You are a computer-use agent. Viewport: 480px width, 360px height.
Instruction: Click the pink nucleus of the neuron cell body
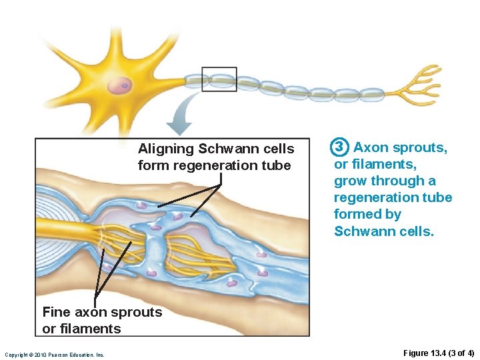119,85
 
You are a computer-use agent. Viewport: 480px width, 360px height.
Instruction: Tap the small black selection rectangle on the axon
219,79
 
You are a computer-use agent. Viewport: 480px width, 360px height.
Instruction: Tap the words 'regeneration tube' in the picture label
232,165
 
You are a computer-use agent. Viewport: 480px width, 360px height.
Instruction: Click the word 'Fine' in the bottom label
55,312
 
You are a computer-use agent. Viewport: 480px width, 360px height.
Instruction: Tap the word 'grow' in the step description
351,181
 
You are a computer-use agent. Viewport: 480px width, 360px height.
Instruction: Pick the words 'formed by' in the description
367,214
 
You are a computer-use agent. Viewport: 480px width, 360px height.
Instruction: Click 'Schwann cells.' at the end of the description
383,231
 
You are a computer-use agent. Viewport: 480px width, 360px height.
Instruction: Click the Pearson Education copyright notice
54,354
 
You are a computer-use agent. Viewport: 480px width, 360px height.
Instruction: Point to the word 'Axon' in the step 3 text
371,147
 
